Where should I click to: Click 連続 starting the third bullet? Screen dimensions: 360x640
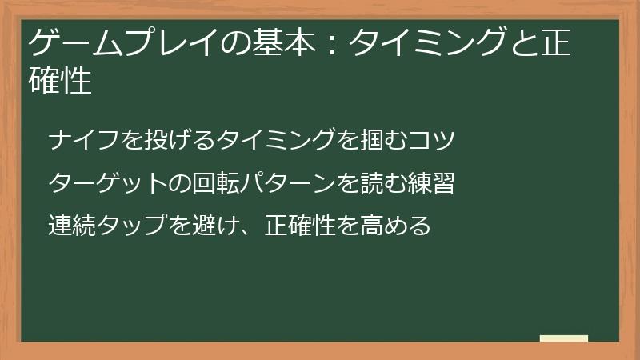tap(71, 226)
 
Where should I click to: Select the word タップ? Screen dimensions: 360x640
tap(131, 226)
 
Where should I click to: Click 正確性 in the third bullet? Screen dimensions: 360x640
tap(299, 226)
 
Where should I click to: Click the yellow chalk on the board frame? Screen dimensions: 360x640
tap(564, 339)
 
